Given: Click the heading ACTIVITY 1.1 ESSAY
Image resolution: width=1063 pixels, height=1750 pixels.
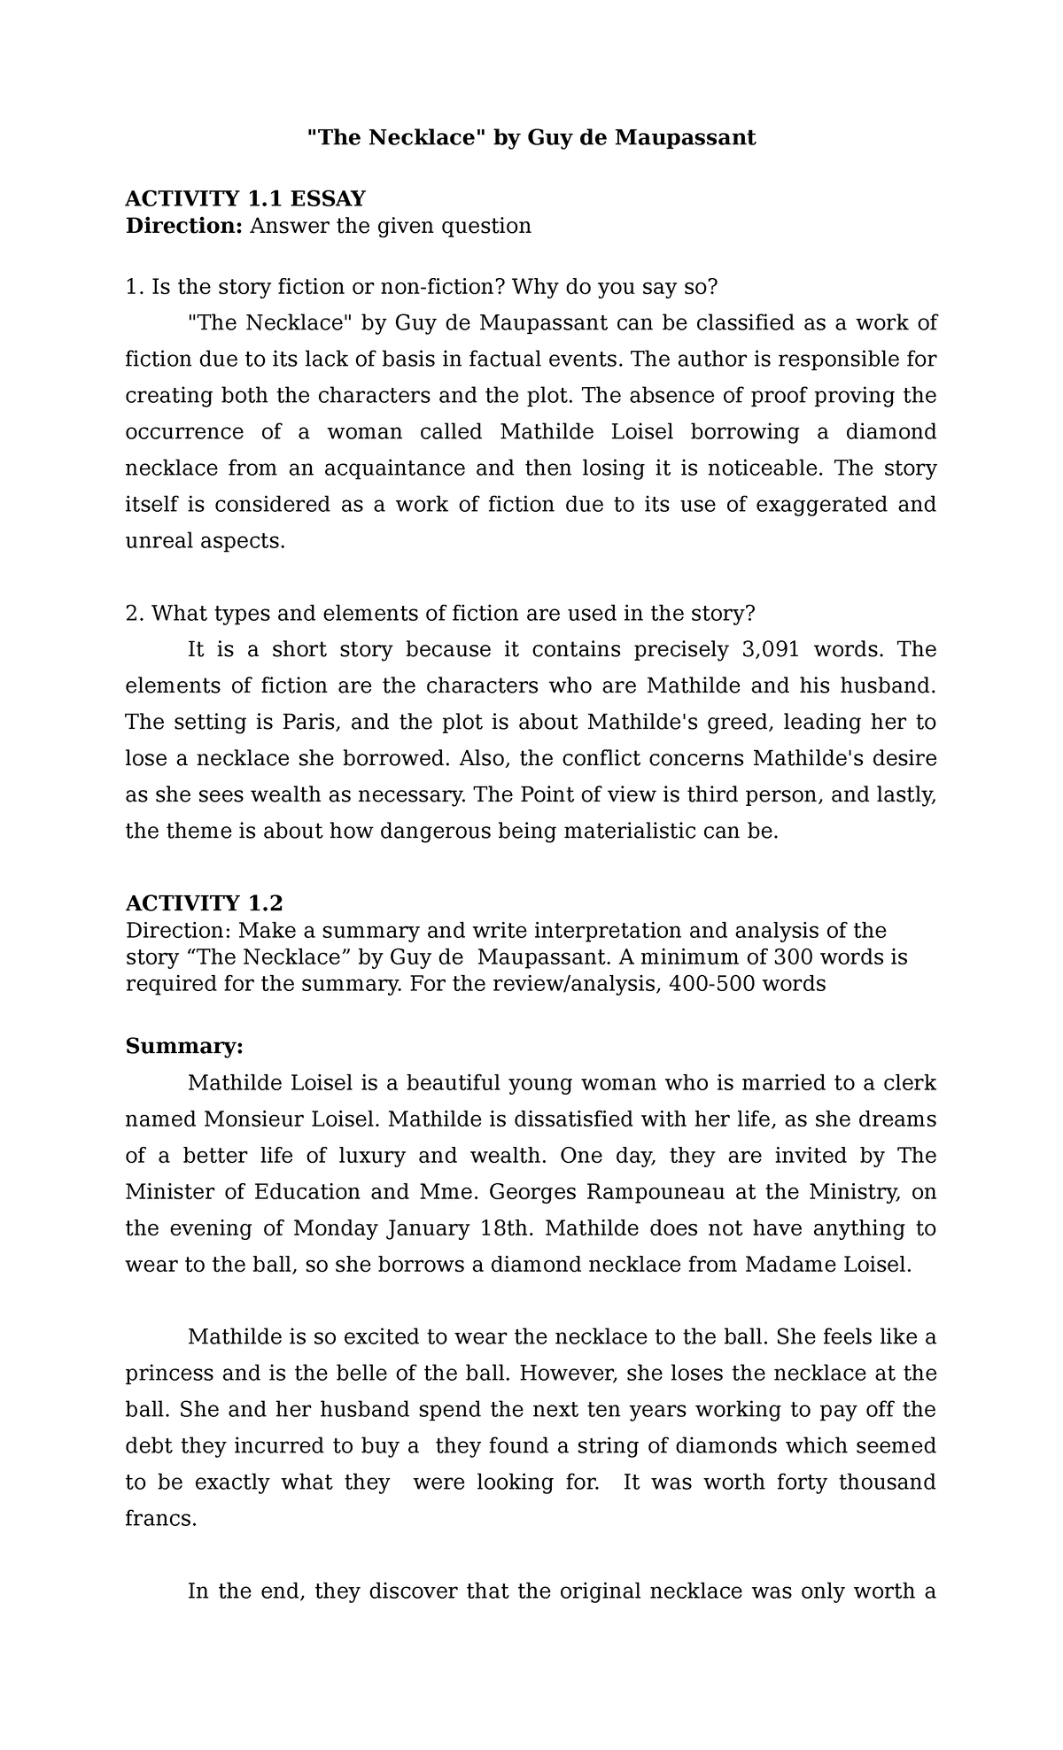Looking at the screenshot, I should tap(245, 197).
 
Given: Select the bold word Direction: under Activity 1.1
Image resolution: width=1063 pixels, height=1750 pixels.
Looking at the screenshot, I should tap(183, 226).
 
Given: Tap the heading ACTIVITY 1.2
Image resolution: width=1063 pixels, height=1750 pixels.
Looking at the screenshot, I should tap(204, 903).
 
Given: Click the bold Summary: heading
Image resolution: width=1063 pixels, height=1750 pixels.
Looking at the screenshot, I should tap(183, 1046).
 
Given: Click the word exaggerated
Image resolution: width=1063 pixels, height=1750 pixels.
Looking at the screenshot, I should tap(823, 504).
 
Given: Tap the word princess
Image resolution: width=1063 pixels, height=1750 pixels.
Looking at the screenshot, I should tap(170, 1373).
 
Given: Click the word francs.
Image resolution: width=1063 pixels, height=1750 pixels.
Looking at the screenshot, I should tap(160, 1518).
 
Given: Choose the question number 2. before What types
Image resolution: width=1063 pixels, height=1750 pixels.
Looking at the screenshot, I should tap(134, 613).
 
